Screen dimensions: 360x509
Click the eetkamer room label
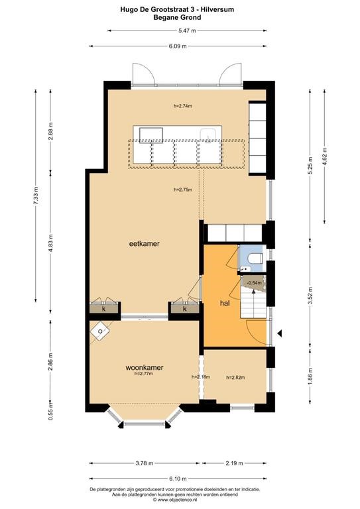click(144, 243)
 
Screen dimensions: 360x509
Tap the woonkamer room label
click(144, 367)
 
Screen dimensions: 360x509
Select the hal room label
click(225, 303)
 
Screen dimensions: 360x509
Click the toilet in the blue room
click(255, 258)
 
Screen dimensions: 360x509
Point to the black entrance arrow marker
click(279, 333)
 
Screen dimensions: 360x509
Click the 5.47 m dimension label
click(188, 31)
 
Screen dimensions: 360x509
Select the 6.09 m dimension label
click(178, 46)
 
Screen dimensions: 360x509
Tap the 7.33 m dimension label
click(36, 196)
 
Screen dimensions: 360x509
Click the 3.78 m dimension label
click(144, 463)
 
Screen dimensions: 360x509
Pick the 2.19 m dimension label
click(234, 463)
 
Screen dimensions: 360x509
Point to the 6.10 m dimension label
click(178, 479)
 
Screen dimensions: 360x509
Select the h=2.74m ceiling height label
click(183, 106)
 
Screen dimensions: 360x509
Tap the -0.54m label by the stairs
click(254, 283)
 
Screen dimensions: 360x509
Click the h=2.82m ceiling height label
click(235, 377)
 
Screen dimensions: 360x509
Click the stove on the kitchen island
click(151, 135)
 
